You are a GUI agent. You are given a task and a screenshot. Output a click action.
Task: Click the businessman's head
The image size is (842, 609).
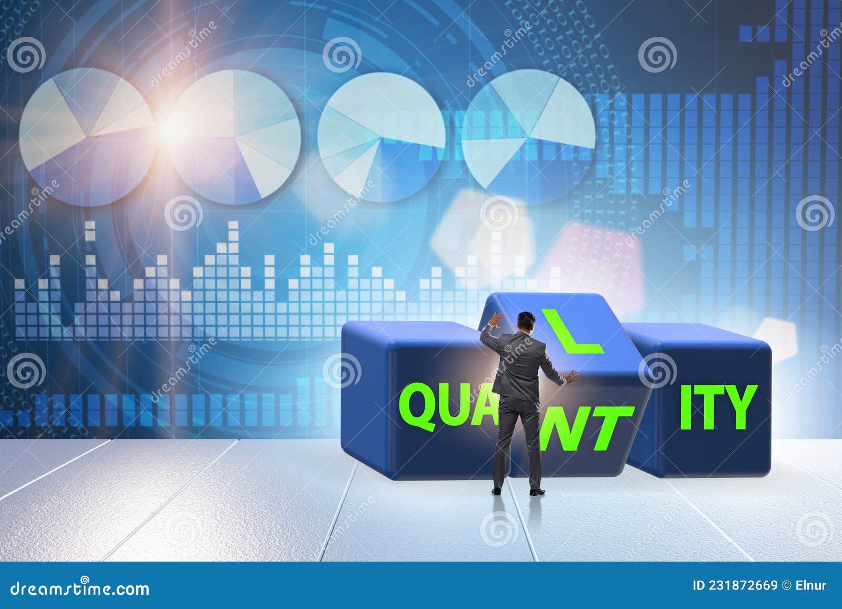coord(525,321)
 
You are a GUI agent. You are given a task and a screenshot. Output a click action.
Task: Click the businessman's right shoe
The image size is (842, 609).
coord(535,493)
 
